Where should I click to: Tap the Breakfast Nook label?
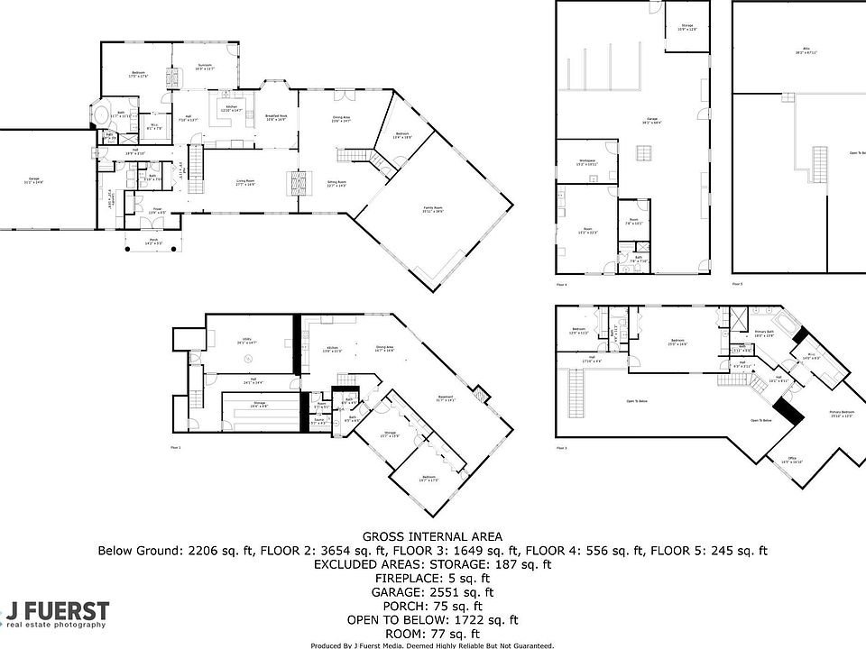(276, 116)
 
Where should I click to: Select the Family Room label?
(434, 209)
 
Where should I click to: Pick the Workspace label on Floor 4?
(586, 161)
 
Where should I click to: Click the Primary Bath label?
(764, 334)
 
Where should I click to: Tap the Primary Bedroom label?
(841, 414)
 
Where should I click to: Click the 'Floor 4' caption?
(563, 284)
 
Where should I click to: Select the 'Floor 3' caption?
(563, 448)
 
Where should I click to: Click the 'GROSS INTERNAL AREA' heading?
(433, 535)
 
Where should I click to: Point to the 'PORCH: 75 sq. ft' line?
(433, 607)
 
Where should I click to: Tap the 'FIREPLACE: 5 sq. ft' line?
(433, 579)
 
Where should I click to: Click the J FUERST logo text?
(58, 610)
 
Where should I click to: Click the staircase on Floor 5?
(820, 165)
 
